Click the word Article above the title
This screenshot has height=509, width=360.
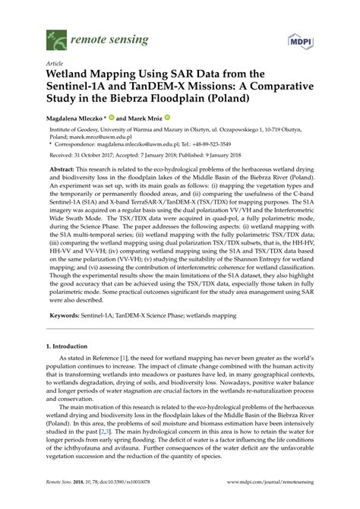click(35, 63)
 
